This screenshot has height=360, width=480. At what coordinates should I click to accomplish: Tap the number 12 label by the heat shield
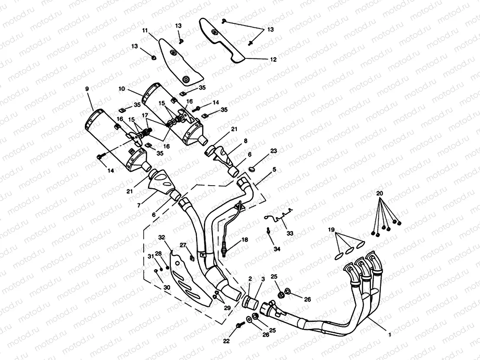pyautogui.click(x=273, y=60)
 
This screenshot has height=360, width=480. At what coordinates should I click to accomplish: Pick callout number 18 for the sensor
pyautogui.click(x=245, y=239)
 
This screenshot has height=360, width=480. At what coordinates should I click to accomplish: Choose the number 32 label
pyautogui.click(x=161, y=238)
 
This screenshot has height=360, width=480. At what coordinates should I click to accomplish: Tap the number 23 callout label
pyautogui.click(x=273, y=151)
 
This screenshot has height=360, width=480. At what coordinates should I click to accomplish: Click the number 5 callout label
pyautogui.click(x=274, y=170)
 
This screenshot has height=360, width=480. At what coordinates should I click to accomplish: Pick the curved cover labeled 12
pyautogui.click(x=221, y=41)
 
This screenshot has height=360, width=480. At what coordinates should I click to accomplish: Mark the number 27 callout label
pyautogui.click(x=183, y=245)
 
